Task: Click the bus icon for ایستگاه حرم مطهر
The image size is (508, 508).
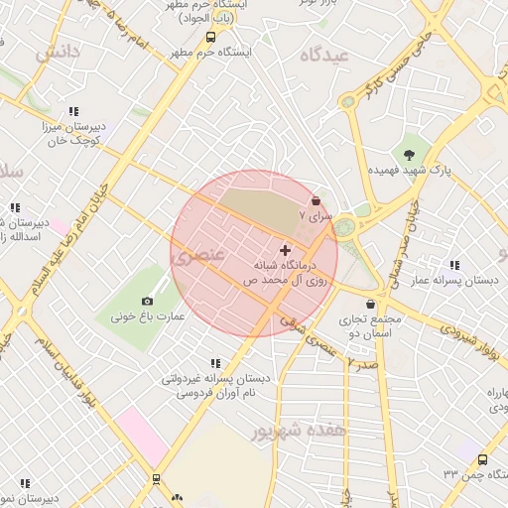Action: (209, 37)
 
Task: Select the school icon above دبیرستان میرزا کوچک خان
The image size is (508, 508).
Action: (72, 112)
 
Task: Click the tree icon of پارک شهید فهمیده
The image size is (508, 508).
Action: (410, 153)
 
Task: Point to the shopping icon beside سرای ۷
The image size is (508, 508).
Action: (316, 199)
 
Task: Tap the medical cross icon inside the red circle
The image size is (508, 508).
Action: (286, 250)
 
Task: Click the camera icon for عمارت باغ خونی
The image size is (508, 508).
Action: (147, 301)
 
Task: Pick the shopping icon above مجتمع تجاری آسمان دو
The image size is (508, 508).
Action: (371, 304)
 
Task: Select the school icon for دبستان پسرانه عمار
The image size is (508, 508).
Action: (454, 265)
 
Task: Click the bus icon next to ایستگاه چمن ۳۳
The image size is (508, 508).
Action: (482, 460)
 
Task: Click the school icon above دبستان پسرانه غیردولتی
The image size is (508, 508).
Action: (215, 363)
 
